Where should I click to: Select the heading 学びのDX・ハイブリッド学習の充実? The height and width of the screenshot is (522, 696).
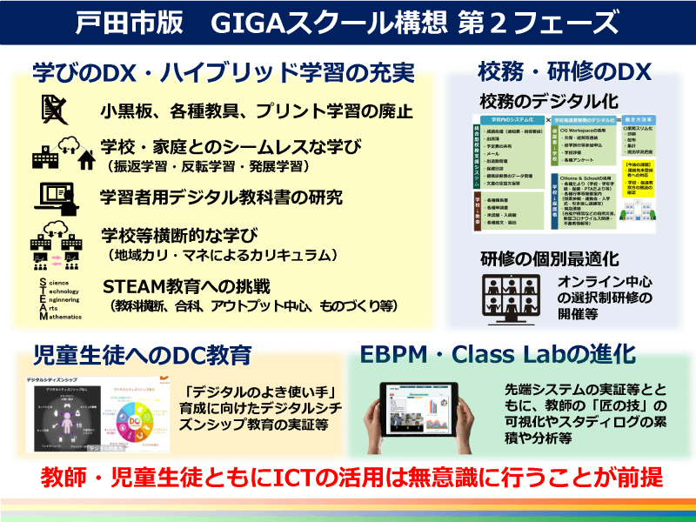click(223, 70)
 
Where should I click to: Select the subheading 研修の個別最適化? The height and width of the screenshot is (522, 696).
click(549, 258)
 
